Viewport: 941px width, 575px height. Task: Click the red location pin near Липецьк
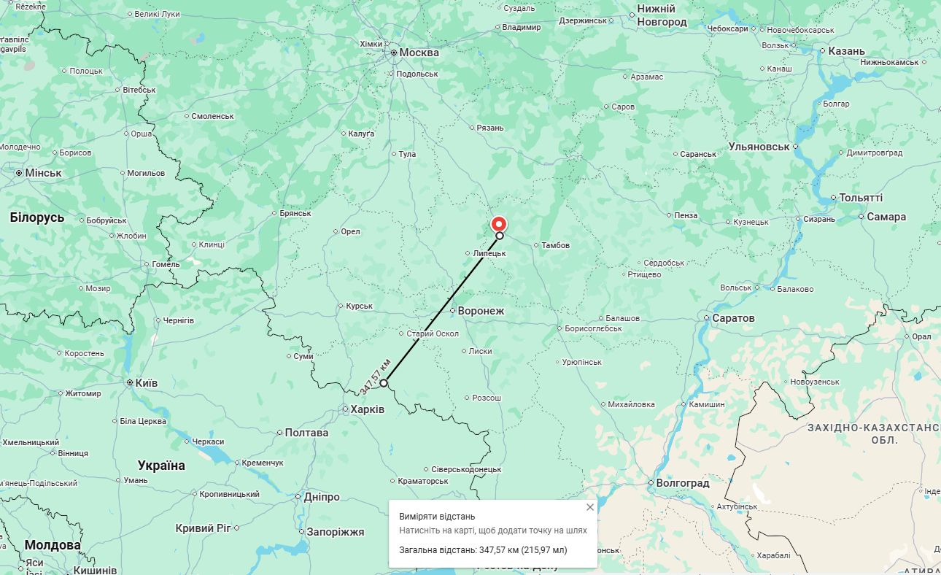coord(498,223)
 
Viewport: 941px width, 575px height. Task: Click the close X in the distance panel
coord(590,507)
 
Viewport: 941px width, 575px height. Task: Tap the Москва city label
coord(419,53)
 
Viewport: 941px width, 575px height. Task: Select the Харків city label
coord(367,409)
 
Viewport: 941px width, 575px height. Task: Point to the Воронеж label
coord(481,311)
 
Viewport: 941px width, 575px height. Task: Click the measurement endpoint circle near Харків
coord(384,382)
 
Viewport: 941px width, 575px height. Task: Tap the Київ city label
coord(146,382)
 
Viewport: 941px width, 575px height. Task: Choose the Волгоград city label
coord(683,483)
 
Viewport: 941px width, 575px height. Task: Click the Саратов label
coord(733,318)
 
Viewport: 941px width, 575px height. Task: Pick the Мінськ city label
coord(43,173)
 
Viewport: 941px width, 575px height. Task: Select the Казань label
coord(846,51)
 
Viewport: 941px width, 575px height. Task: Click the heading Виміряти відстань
coord(437,516)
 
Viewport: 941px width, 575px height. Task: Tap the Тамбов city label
coord(556,245)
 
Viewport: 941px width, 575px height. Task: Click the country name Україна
coord(161,466)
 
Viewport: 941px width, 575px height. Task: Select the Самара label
coord(886,217)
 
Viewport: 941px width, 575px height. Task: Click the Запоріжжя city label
coord(335,532)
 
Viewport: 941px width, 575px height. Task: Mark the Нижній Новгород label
coord(662,15)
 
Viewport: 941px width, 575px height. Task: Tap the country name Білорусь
coord(37,217)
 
